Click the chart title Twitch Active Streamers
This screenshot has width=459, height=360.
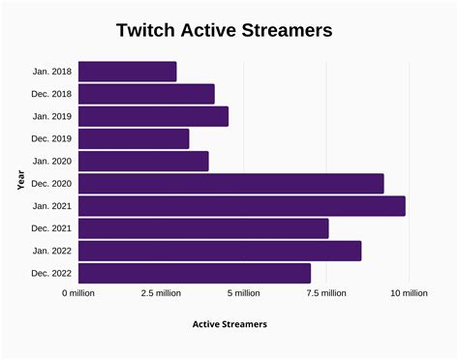(224, 31)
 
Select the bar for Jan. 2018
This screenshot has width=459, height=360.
(127, 72)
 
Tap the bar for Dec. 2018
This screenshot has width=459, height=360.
(146, 94)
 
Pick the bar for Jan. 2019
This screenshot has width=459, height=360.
(153, 116)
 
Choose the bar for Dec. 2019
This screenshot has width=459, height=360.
(134, 138)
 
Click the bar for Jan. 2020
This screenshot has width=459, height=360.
(143, 161)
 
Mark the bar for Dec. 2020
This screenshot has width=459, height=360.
(230, 183)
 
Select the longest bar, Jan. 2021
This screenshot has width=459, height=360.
(241, 205)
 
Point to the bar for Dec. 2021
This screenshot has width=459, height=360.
(203, 228)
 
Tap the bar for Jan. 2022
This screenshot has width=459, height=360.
(220, 251)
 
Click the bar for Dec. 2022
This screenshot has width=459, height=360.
(195, 273)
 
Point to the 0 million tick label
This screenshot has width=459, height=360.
(78, 293)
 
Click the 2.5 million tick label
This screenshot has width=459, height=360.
(161, 293)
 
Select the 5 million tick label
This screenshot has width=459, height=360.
(244, 293)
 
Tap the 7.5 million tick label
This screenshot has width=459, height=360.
(326, 293)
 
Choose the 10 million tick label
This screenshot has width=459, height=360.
(409, 293)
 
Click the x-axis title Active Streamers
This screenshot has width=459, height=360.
(229, 323)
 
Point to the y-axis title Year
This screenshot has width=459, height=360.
(20, 180)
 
